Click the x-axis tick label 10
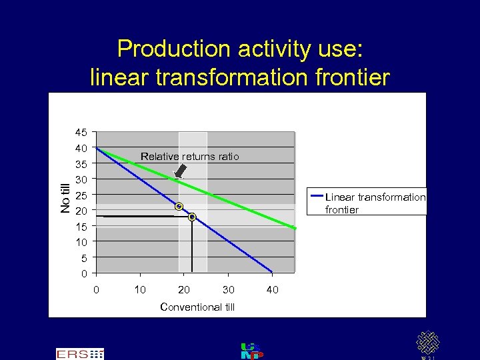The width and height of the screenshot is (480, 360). tap(140, 289)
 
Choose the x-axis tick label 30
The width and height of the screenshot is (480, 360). tap(228, 289)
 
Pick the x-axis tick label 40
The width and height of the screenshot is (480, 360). tap(272, 289)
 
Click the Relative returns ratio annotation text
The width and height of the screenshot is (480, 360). tap(189, 157)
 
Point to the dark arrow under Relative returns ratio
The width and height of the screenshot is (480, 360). tap(180, 171)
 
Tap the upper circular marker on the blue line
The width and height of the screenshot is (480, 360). tap(179, 207)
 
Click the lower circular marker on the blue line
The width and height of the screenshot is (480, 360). tap(192, 217)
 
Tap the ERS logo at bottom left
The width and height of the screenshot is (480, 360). tap(79, 353)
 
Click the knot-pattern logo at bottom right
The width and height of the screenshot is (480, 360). tap(427, 343)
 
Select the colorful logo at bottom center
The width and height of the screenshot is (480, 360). tap(251, 351)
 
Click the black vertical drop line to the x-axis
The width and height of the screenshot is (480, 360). tap(192, 245)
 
